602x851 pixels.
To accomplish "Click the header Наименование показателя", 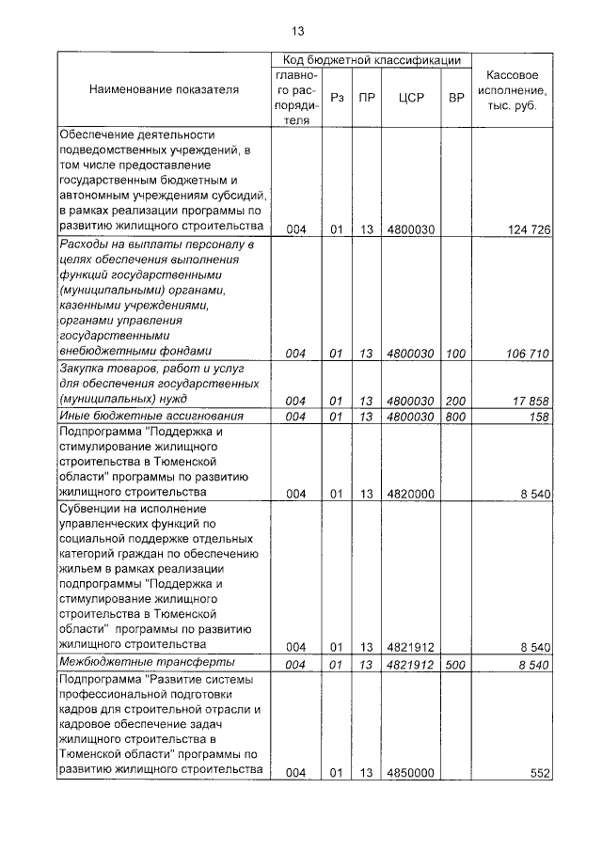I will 164,89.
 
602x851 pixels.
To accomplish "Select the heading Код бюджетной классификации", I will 372,60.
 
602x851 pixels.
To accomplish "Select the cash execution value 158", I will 539,416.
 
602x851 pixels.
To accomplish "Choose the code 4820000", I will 409,493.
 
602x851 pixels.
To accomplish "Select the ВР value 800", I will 456,416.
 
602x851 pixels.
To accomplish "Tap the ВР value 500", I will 456,665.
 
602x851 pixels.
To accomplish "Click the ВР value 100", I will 456,354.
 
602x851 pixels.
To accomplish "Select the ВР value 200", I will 456,400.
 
